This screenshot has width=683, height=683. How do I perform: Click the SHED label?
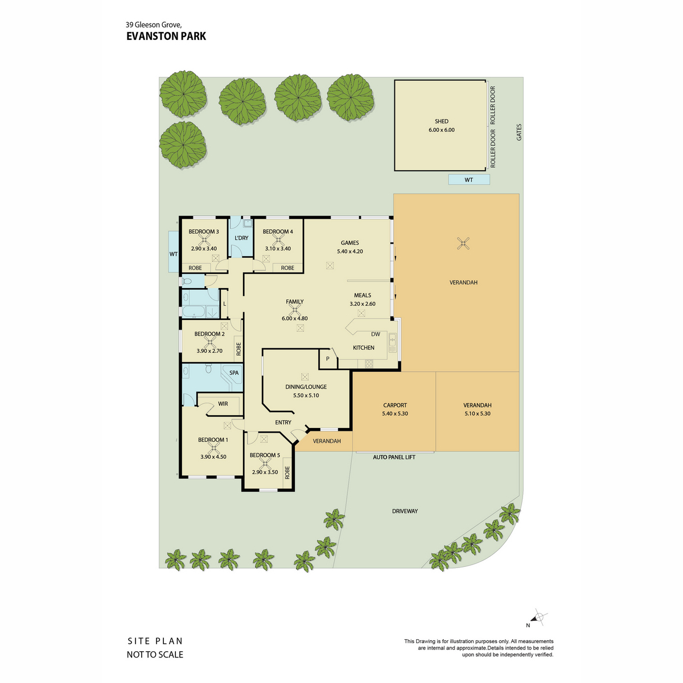441,121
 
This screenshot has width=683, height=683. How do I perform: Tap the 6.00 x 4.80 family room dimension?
294,318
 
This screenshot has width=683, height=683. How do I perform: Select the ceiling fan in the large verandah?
463,244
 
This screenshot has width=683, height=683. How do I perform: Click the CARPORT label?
395,405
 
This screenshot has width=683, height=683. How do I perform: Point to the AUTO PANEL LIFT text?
394,457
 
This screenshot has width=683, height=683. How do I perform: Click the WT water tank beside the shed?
469,180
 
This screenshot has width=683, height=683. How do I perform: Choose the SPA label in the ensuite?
234,373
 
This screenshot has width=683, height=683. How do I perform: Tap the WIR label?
223,404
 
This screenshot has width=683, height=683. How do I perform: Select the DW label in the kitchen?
376,334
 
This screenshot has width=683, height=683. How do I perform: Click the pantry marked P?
328,359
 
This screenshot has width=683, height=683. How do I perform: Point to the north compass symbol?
538,617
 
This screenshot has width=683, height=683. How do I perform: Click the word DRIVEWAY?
405,511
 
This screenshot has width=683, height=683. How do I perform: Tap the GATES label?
519,132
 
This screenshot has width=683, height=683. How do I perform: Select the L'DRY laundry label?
241,238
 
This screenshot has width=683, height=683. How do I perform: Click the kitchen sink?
392,343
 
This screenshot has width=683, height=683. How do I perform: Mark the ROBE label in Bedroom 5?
287,472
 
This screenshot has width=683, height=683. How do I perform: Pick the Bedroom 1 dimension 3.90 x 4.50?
213,457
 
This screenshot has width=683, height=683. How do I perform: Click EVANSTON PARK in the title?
166,36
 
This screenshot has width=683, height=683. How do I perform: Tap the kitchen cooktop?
369,363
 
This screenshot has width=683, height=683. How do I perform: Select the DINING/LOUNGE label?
306,386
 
